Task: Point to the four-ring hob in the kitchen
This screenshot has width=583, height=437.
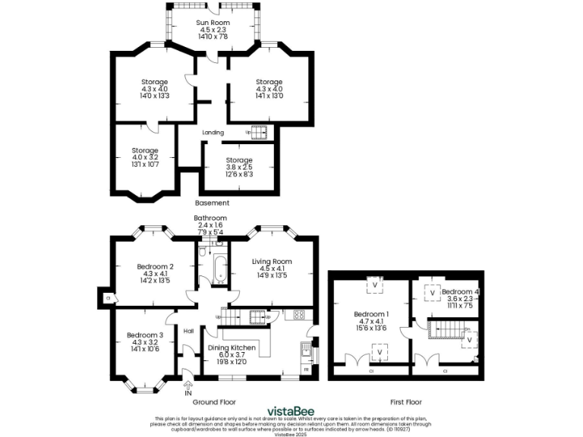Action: pyautogui.click(x=299, y=314)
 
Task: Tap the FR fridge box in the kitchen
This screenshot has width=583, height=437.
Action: pyautogui.click(x=306, y=369)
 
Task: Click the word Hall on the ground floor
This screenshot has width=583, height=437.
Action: pyautogui.click(x=188, y=330)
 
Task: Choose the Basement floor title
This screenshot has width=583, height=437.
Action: pyautogui.click(x=212, y=203)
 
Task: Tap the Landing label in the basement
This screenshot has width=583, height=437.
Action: pyautogui.click(x=213, y=133)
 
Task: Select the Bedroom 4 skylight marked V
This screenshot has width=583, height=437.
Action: pyautogui.click(x=432, y=292)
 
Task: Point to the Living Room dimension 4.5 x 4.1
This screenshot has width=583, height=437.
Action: pyautogui.click(x=272, y=269)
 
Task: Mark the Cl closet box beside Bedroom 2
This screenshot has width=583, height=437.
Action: pyautogui.click(x=106, y=298)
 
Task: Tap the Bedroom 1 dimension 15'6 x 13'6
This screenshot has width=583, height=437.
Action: pyautogui.click(x=370, y=329)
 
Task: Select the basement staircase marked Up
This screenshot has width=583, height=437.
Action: pyautogui.click(x=257, y=133)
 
